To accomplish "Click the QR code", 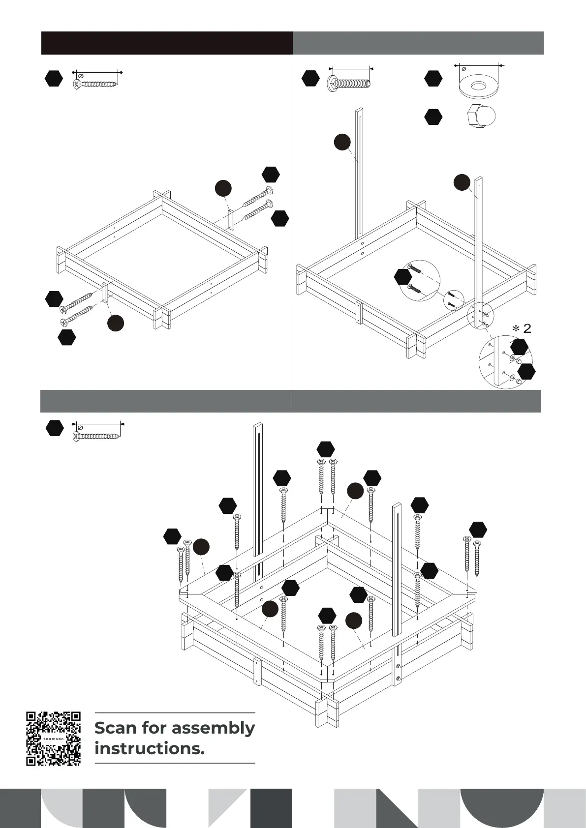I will click(x=53, y=738).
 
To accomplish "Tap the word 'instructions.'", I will click(x=149, y=749).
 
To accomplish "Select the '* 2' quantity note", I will click(x=523, y=328).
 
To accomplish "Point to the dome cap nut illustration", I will click(x=481, y=117).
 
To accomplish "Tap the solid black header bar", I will click(x=167, y=43).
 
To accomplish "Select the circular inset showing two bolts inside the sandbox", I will click(x=420, y=281).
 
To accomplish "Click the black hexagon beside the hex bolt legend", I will click(x=310, y=78).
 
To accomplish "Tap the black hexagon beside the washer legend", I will click(x=433, y=78).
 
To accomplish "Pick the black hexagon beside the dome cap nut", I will click(x=433, y=117).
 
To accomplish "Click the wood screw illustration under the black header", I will click(x=96, y=84).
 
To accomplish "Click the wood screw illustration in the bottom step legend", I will click(x=97, y=436).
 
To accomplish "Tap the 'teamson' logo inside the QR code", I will click(x=53, y=739).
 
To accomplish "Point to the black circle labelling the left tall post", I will click(x=342, y=142).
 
